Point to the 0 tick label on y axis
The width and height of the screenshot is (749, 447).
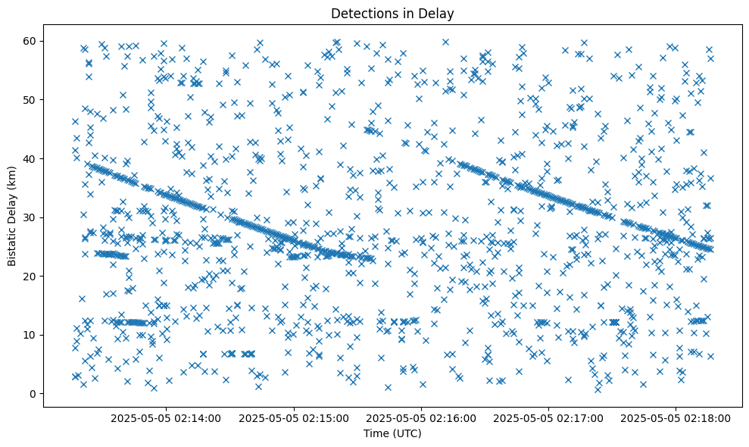pos(33,394)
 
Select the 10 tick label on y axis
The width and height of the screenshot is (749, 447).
pos(30,335)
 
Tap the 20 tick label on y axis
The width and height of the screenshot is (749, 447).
pos(30,276)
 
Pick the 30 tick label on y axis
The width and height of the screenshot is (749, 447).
pos(30,217)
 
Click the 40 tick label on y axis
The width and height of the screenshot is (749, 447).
pos(30,158)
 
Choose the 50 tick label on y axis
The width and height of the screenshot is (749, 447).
pos(30,100)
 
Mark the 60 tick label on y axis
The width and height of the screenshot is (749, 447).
pos(30,41)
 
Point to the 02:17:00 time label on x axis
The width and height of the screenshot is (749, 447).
pos(551,418)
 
